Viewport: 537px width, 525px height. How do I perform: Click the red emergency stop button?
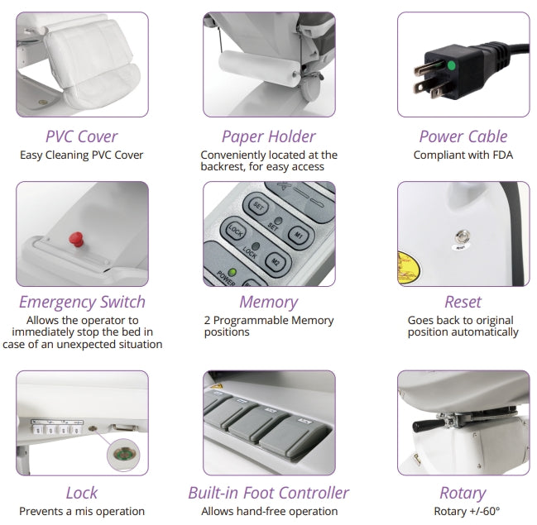pyautogui.click(x=76, y=239)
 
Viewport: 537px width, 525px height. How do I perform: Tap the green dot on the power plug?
pyautogui.click(x=452, y=65)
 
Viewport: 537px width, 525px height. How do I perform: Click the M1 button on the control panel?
pyautogui.click(x=299, y=236)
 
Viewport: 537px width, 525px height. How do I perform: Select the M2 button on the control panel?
pyautogui.click(x=276, y=262)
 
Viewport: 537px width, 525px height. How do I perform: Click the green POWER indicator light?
pyautogui.click(x=233, y=272)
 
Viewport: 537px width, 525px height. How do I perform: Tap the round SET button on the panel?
pyautogui.click(x=258, y=207)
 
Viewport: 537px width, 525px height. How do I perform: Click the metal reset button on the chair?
pyautogui.click(x=462, y=236)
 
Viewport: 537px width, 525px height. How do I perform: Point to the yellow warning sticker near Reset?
pyautogui.click(x=408, y=268)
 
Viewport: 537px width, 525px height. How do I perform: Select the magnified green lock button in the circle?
pyautogui.click(x=123, y=455)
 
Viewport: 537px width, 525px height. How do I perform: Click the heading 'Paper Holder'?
pyautogui.click(x=269, y=136)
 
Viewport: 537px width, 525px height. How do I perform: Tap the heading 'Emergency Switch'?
pyautogui.click(x=82, y=302)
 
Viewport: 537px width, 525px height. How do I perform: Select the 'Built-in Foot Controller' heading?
pyautogui.click(x=269, y=493)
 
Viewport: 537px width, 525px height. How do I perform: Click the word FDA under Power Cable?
pyautogui.click(x=503, y=155)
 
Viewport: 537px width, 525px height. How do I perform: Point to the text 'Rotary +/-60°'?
pyautogui.click(x=467, y=511)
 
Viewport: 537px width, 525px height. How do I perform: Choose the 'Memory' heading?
pyautogui.click(x=269, y=303)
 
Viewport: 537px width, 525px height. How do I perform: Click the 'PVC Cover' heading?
pyautogui.click(x=82, y=136)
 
